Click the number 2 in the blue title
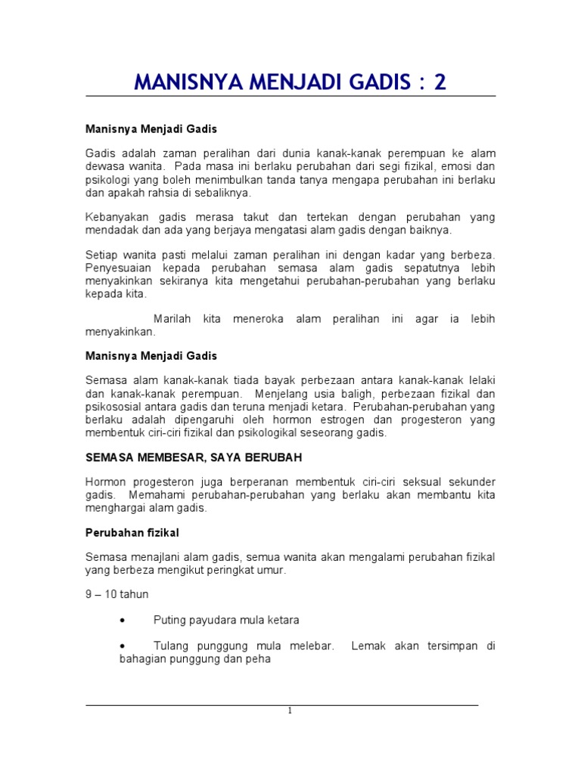click(439, 82)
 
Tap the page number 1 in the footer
click(290, 711)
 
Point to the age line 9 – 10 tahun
click(117, 594)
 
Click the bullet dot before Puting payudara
click(123, 621)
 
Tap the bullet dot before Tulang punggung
click(123, 646)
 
